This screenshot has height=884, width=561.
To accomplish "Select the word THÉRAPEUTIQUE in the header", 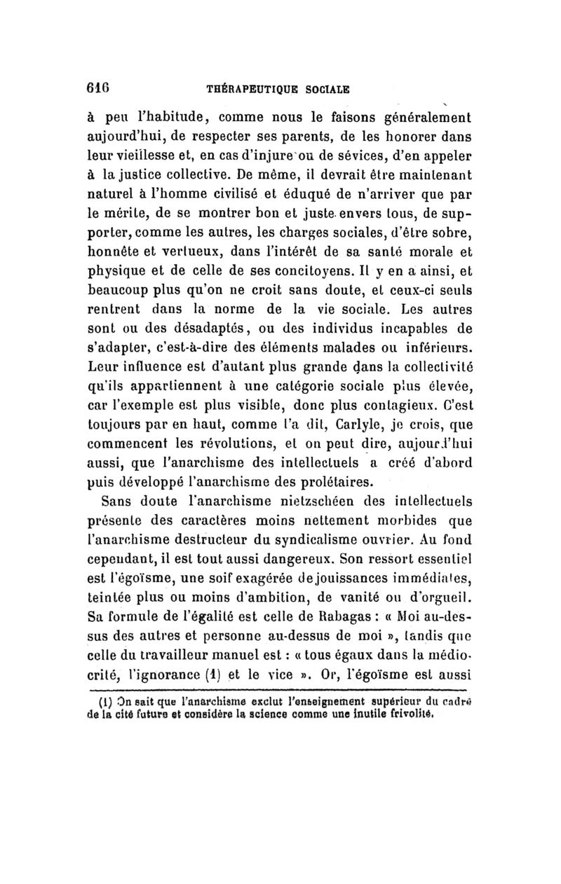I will (242, 89).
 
